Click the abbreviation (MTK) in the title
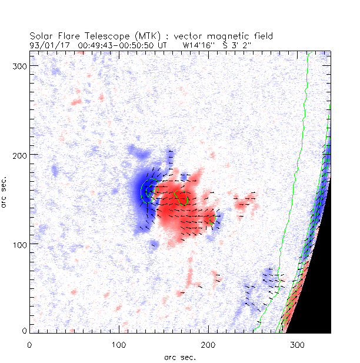[149, 36]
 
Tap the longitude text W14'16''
[201, 44]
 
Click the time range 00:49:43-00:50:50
[112, 44]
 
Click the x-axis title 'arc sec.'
[180, 357]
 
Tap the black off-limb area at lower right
[315, 294]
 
